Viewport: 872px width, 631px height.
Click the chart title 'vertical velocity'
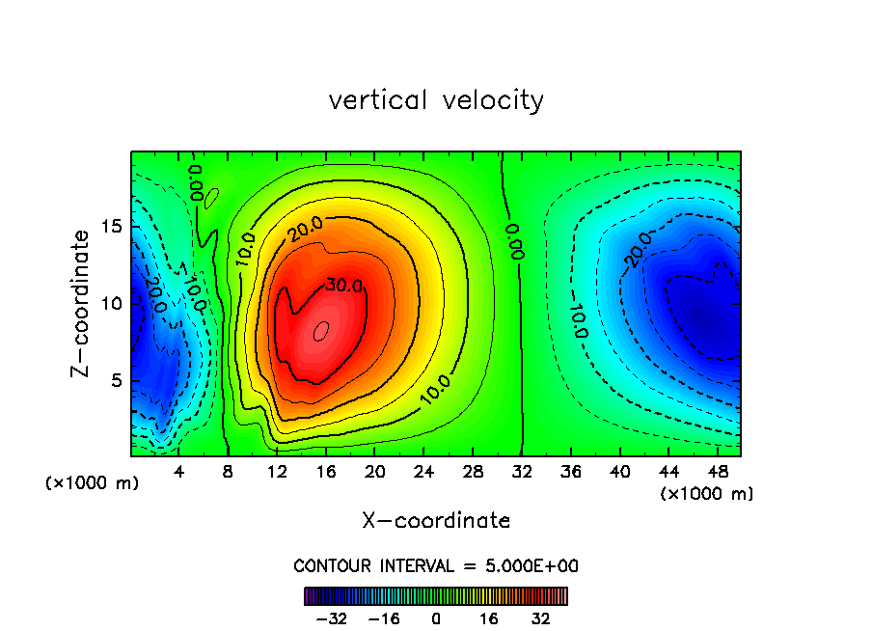[436, 100]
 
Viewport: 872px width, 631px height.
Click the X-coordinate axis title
[436, 521]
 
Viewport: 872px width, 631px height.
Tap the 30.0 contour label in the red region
[317, 285]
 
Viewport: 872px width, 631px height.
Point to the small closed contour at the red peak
[322, 330]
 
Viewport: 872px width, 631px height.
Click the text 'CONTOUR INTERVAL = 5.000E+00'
[436, 565]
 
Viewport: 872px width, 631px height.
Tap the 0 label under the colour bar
[436, 618]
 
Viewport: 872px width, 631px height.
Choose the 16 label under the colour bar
[490, 618]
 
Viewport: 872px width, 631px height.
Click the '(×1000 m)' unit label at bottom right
[707, 494]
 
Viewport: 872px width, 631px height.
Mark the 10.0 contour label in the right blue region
[578, 317]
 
